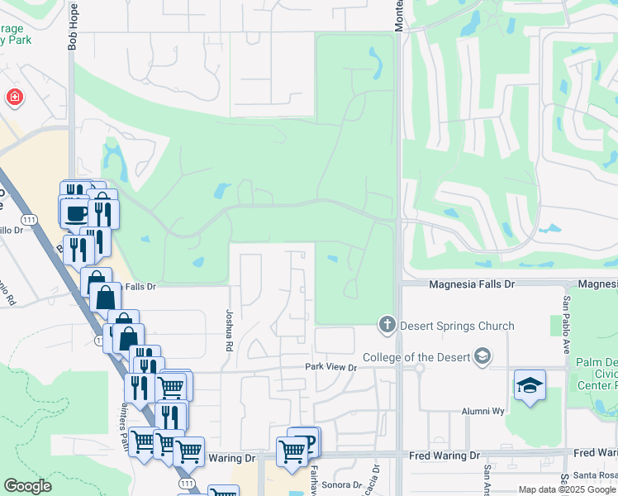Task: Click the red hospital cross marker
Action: coord(14,98)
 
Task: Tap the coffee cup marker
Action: coord(77,212)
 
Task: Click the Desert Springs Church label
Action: coord(457,326)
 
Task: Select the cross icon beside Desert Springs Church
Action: coord(387,325)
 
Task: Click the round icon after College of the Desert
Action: coord(482,356)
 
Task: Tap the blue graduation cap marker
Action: coord(530,385)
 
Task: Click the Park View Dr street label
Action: coord(330,367)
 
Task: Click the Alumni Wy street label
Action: coord(483,411)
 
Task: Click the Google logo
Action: coord(27,486)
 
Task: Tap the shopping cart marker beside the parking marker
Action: coord(292,451)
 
